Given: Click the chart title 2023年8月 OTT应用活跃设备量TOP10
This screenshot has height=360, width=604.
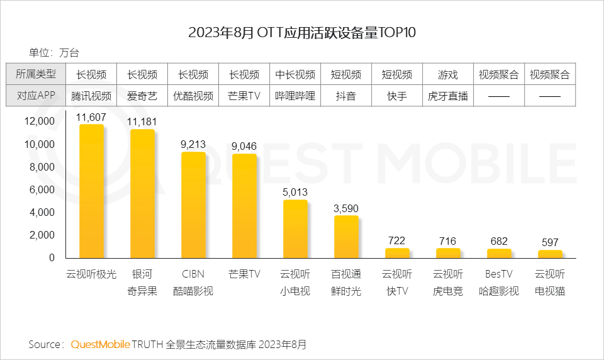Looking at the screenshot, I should (302, 33).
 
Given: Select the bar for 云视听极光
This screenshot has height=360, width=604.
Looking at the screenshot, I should (91, 191).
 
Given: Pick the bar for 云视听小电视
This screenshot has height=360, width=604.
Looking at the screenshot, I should (295, 229).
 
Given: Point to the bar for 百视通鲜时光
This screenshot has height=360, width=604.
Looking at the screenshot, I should (346, 237).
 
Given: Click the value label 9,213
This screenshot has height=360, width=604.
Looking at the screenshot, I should (193, 144).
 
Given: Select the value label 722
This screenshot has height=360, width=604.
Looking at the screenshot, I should (397, 240).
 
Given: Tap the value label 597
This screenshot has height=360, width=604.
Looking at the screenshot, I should (550, 242).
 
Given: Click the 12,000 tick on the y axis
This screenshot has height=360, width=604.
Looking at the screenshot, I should (40, 121).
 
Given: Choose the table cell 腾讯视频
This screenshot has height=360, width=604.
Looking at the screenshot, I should (91, 96).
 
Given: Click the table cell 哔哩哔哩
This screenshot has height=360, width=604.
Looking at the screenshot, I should (295, 96).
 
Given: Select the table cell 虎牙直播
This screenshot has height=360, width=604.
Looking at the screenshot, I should (448, 96).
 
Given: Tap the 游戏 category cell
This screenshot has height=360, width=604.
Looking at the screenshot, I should (448, 75).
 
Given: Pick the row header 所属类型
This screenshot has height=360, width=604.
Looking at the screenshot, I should (36, 74).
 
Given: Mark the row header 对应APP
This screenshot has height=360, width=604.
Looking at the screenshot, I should (36, 96).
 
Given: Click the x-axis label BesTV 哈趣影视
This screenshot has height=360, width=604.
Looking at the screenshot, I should (499, 283).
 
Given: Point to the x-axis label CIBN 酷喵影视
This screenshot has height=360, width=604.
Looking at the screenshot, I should (193, 283).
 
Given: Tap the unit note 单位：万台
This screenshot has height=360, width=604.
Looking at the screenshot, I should (53, 53).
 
